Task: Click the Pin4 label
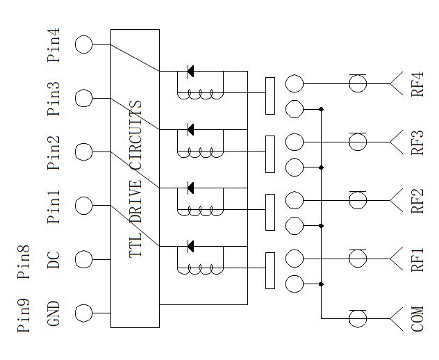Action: [53, 44]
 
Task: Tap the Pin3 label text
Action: [53, 99]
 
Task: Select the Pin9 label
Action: [24, 316]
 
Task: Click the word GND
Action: [53, 313]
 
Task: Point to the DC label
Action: [53, 260]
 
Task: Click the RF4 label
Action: [417, 84]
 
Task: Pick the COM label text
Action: [417, 319]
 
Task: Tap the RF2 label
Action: [417, 201]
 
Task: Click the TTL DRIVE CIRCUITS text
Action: [135, 179]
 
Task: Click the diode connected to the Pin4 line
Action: [190, 71]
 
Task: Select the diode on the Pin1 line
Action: [190, 246]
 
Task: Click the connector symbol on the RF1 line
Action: [358, 259]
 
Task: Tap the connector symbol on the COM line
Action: [358, 319]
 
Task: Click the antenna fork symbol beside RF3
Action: [397, 142]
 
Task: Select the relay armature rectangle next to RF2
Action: [270, 212]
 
